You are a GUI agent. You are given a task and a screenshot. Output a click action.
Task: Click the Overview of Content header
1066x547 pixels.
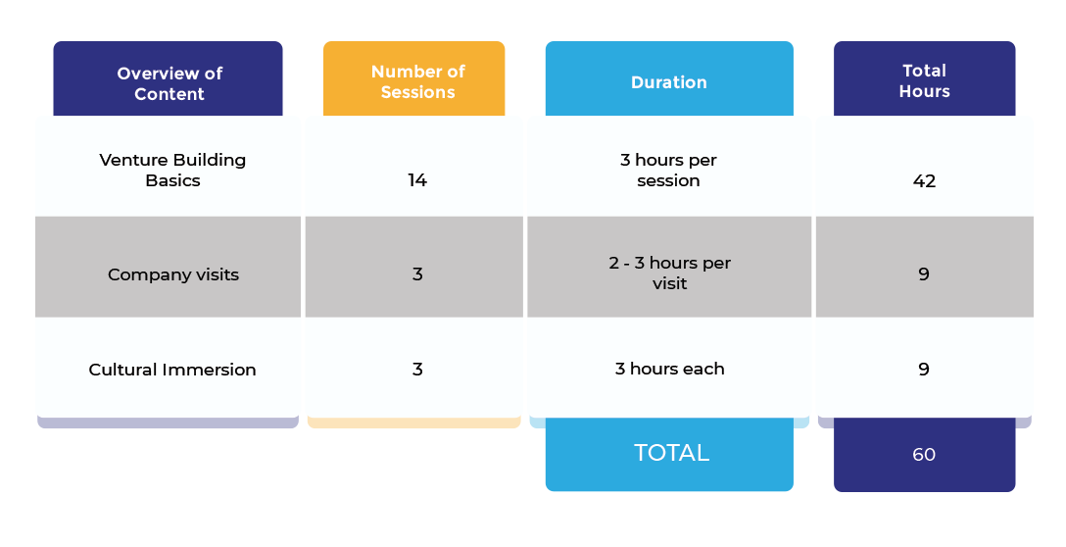(170, 83)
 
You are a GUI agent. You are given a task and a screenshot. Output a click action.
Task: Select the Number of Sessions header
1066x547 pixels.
(417, 81)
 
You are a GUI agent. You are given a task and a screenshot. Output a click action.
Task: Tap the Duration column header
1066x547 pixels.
(669, 82)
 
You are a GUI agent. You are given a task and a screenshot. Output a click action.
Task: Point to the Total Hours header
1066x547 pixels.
(924, 81)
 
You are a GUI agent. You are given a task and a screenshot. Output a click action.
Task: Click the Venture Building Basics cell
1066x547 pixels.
(172, 171)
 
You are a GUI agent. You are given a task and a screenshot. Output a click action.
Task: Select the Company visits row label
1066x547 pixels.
(173, 274)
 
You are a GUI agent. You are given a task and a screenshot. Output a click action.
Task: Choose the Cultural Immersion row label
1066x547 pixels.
(172, 370)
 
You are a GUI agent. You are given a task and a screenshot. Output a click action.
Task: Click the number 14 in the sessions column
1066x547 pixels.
(417, 180)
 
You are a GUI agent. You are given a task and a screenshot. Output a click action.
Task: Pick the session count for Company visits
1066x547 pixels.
(417, 274)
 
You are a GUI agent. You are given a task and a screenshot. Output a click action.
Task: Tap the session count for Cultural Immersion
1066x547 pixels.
(417, 370)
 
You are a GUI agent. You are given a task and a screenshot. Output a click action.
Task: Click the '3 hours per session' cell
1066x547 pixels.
(668, 171)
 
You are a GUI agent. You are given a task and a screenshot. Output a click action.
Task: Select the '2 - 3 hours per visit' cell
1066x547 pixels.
(669, 273)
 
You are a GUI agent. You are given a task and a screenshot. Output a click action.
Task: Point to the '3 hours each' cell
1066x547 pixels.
(669, 369)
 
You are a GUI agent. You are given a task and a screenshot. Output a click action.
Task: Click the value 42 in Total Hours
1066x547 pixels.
(924, 181)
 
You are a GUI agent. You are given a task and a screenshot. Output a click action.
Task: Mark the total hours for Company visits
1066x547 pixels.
(923, 274)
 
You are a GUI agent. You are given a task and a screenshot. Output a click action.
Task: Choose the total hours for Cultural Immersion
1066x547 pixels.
(923, 370)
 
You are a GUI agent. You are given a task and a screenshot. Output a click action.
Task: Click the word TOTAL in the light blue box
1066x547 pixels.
(672, 453)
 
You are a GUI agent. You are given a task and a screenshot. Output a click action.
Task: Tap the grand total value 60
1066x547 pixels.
(924, 455)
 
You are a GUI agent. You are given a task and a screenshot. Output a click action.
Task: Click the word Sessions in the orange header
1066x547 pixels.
(417, 92)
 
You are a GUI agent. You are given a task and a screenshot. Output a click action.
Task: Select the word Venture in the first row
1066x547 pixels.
(131, 160)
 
